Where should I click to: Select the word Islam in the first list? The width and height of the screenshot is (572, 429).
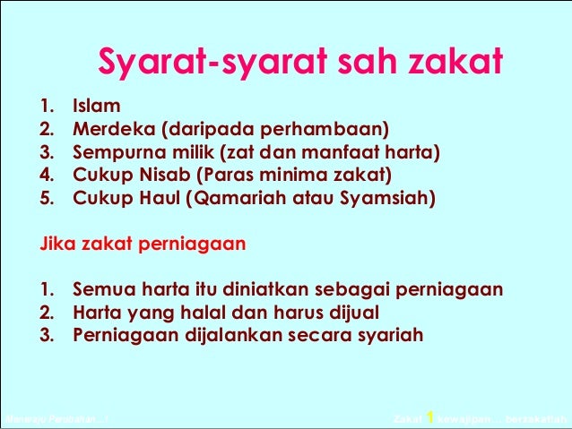[x=96, y=107]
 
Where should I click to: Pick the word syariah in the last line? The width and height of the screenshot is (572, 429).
[x=389, y=335]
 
